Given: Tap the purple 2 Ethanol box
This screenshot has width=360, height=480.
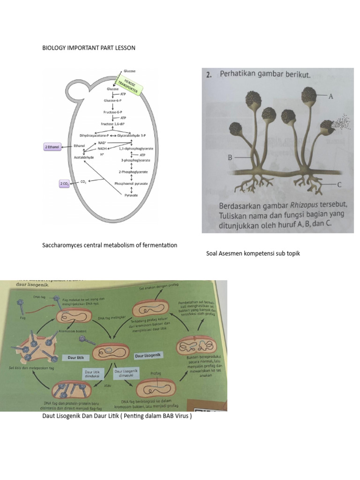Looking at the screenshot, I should [52, 147].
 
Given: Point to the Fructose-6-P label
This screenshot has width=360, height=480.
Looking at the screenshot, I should [113, 112].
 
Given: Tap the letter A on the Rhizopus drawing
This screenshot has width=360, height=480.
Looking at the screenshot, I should [330, 97].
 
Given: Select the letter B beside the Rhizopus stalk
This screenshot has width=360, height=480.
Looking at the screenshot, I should [230, 158].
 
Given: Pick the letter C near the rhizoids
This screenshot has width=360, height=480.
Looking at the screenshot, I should [339, 185].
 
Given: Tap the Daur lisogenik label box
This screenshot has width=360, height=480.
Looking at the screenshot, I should [148, 356].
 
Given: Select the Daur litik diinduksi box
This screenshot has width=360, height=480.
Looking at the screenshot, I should [94, 374].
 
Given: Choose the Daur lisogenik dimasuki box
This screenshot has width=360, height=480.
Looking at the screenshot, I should [124, 374].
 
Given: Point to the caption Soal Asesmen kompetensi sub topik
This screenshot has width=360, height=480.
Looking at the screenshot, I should [253, 254].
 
